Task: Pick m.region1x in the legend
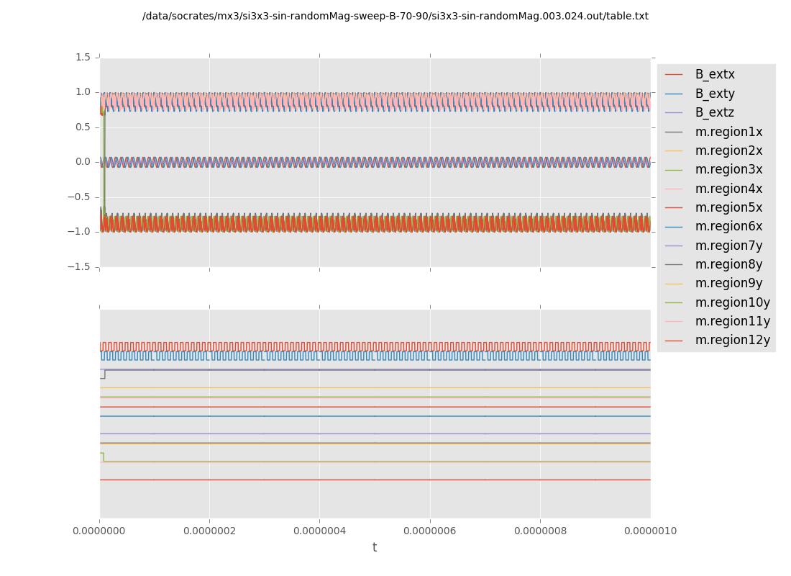pos(728,132)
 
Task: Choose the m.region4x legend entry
pos(728,189)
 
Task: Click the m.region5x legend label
pos(728,207)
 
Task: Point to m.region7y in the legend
pos(728,246)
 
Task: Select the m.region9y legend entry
pos(728,284)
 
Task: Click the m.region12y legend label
pos(732,340)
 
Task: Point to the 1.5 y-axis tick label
pos(83,57)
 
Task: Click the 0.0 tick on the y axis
pos(83,162)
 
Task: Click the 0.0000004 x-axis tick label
pos(319,531)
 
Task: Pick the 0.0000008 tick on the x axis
pos(540,531)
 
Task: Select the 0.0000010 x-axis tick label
pos(650,531)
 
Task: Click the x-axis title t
pos(375,548)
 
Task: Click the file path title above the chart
pos(395,17)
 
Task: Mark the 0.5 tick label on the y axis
pos(83,127)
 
